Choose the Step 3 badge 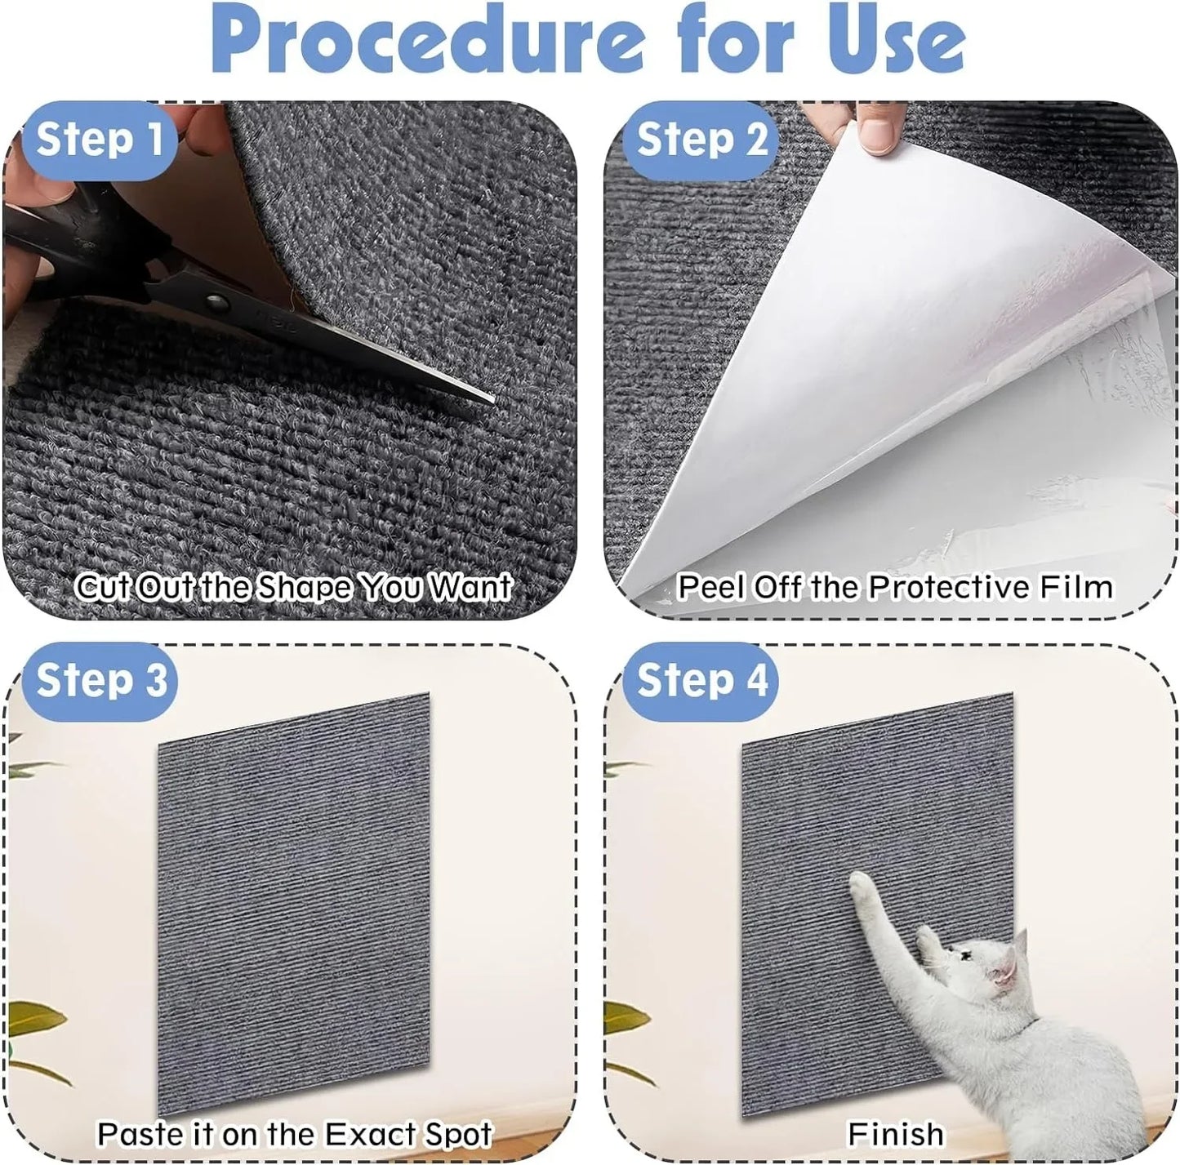[x=100, y=681]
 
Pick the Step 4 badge [x=701, y=681]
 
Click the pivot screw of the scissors [x=216, y=303]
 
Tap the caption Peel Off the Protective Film [x=895, y=587]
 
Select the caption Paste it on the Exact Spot [x=294, y=1134]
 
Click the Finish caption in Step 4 [x=895, y=1134]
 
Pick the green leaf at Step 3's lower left [x=37, y=1020]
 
